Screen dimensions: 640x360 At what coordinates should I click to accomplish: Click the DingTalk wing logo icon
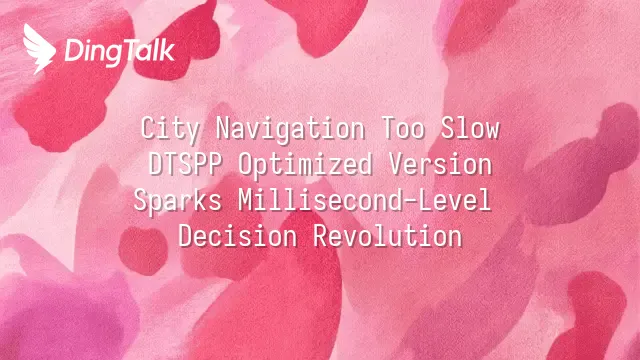(x=39, y=48)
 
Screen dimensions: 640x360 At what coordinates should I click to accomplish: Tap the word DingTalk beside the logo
(x=120, y=52)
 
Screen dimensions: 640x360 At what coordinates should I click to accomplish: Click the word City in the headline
(x=170, y=129)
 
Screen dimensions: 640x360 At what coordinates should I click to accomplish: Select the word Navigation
(x=290, y=129)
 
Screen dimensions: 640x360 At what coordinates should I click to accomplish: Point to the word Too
(x=403, y=128)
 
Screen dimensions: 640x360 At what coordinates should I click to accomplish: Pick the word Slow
(x=470, y=128)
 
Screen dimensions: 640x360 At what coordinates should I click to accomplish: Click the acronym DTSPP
(x=185, y=164)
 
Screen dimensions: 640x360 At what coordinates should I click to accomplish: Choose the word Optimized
(x=305, y=165)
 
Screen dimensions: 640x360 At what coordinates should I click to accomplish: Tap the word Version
(x=440, y=164)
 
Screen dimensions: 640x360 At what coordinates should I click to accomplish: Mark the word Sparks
(x=178, y=201)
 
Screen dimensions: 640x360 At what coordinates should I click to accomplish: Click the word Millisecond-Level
(x=364, y=200)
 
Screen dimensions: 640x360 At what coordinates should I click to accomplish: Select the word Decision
(x=238, y=236)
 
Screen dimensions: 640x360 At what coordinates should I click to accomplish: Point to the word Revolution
(x=388, y=236)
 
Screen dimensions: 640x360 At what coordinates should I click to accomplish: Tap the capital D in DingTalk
(x=73, y=51)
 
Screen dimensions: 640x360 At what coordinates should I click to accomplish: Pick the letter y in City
(x=193, y=132)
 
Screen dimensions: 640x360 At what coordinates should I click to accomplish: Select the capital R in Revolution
(x=321, y=236)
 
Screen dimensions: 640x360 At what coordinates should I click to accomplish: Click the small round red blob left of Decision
(x=143, y=250)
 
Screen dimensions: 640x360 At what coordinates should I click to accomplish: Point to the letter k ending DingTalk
(x=168, y=51)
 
